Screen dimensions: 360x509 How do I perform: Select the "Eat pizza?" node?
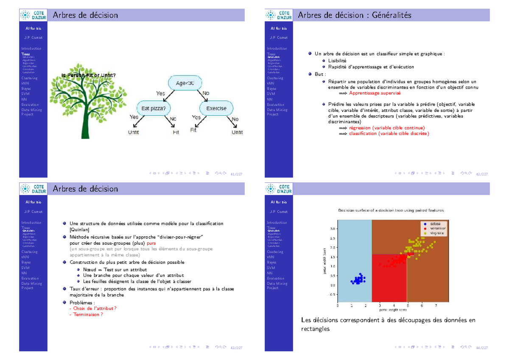[x=153, y=108]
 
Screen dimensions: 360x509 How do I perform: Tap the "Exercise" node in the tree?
[x=216, y=108]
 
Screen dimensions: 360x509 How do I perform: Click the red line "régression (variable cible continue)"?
[x=386, y=128]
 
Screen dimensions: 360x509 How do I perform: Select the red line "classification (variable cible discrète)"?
[x=389, y=134]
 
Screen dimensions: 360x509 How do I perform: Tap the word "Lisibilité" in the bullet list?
[x=337, y=61]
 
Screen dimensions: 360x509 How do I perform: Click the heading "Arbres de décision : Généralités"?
[x=355, y=15]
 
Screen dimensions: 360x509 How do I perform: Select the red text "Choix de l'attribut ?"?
[x=92, y=308]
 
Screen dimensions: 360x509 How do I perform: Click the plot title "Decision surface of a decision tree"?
[x=391, y=210]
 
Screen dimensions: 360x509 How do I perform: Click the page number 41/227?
[x=235, y=174]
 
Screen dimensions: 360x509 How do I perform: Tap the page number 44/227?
[x=481, y=348]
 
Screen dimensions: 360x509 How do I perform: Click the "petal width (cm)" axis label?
[x=325, y=261]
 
